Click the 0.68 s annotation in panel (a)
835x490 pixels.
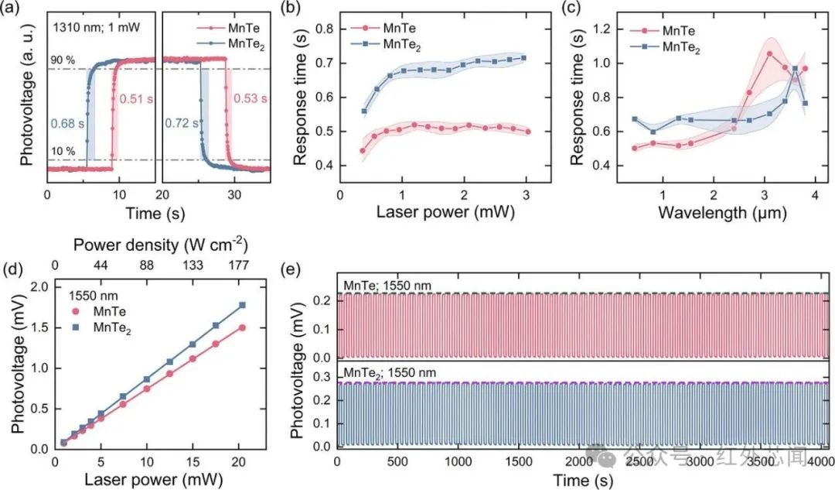(x=67, y=124)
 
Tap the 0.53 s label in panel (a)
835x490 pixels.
(x=250, y=98)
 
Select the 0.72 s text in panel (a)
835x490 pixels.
(x=182, y=124)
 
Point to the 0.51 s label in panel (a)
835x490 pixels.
(x=136, y=98)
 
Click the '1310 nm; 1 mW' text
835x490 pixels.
(x=97, y=26)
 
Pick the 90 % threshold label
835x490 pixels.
(x=63, y=60)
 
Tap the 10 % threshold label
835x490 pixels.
(x=63, y=152)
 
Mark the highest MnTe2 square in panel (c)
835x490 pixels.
(x=795, y=68)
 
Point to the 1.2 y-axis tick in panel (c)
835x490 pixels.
(x=603, y=29)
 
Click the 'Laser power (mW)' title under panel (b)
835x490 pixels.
(x=446, y=211)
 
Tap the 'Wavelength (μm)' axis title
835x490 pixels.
(x=722, y=212)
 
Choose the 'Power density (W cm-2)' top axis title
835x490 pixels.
(x=160, y=244)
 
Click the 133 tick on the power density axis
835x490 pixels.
(x=193, y=265)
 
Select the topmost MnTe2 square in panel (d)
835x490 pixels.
(x=242, y=305)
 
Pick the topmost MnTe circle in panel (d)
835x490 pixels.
(x=242, y=328)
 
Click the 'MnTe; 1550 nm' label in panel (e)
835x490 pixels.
(x=387, y=286)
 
